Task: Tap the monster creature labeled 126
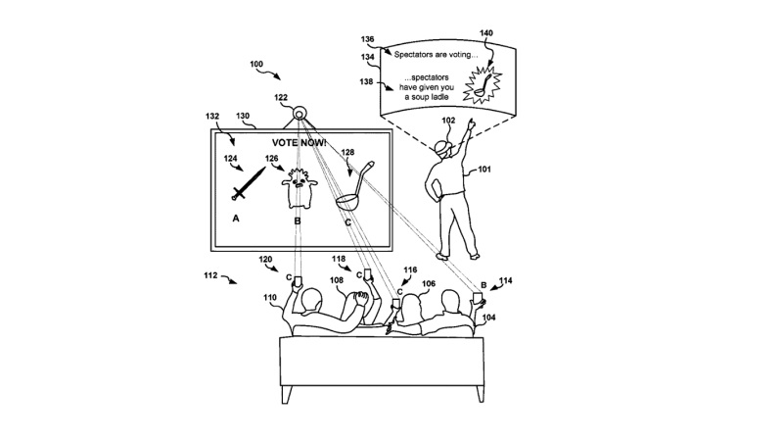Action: click(298, 188)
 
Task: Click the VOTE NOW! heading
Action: click(300, 142)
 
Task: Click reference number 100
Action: click(256, 66)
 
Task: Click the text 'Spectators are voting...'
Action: click(435, 54)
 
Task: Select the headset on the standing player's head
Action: click(446, 147)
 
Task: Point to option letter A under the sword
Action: click(235, 220)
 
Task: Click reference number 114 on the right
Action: click(505, 280)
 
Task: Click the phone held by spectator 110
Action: click(299, 282)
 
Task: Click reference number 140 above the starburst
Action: click(514, 32)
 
